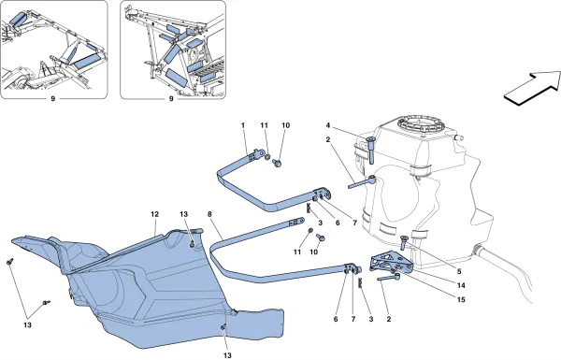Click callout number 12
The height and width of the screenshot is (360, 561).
[x=151, y=214]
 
